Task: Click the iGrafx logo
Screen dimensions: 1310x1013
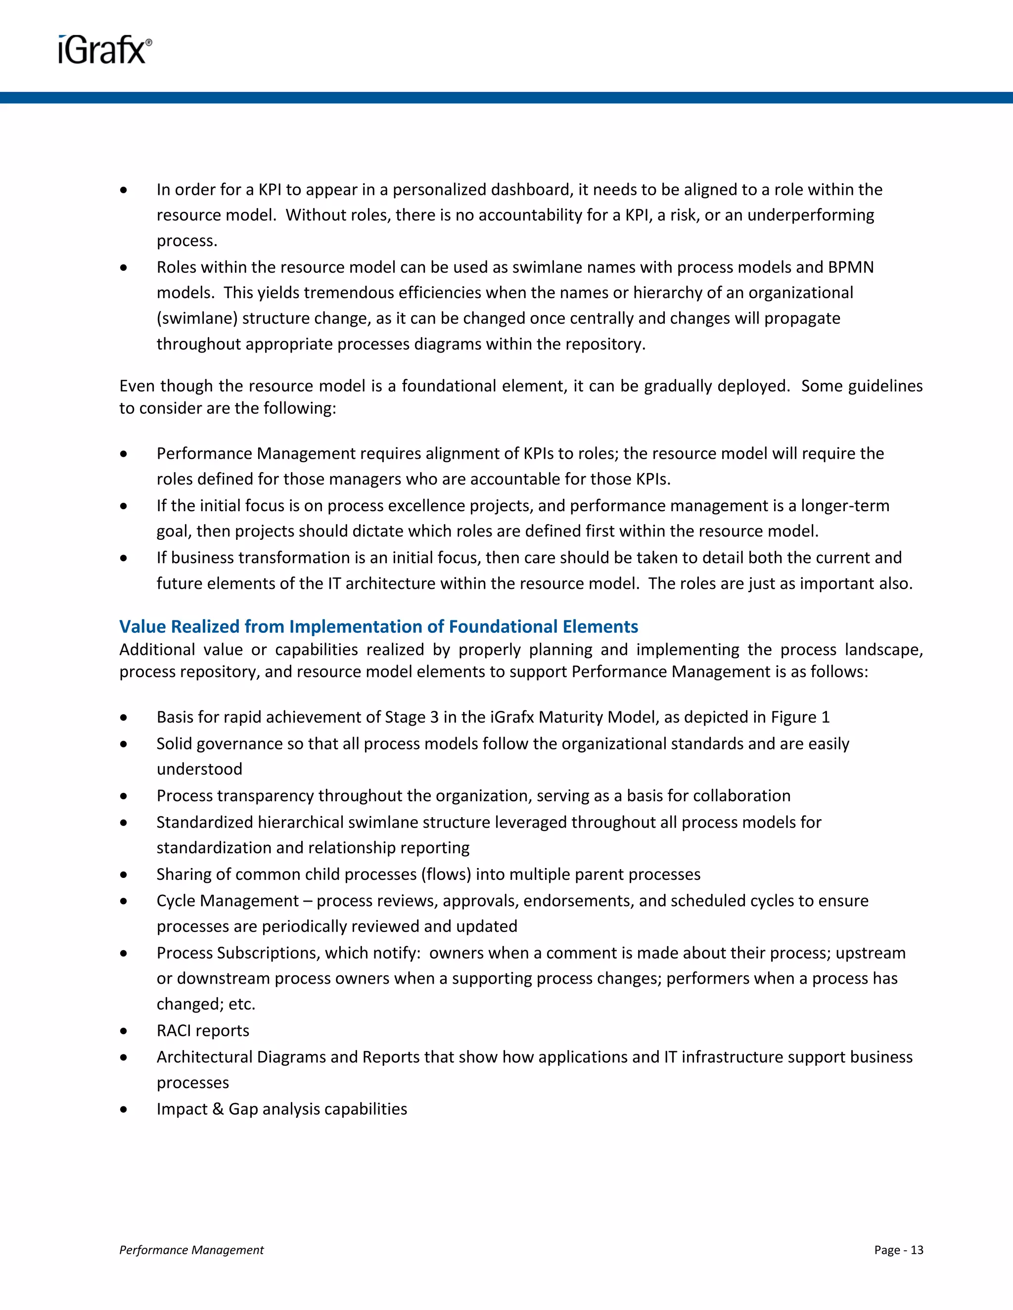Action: pos(104,50)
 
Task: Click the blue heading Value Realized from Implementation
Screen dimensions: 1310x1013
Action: pos(378,626)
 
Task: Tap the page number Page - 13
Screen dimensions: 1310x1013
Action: pos(898,1249)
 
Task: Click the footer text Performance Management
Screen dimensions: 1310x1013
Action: pos(191,1249)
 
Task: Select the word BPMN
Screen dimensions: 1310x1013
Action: pos(850,267)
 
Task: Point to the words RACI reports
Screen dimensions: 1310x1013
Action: pos(203,1031)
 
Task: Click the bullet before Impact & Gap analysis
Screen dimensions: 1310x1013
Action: pos(124,1109)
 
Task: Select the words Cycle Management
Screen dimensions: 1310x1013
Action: pos(228,900)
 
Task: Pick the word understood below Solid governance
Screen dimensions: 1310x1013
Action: pos(199,769)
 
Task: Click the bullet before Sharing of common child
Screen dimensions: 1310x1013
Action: pos(124,874)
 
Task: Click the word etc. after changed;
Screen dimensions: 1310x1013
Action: pos(242,1004)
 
